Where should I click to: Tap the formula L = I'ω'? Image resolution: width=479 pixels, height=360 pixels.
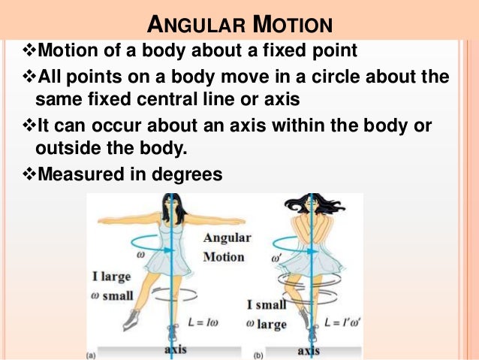344,322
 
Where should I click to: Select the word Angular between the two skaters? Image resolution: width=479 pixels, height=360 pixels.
227,238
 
